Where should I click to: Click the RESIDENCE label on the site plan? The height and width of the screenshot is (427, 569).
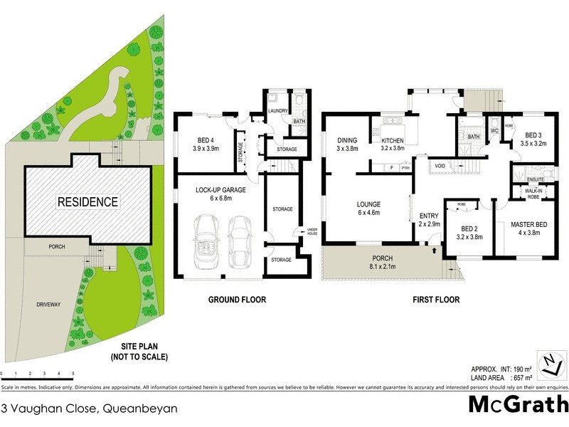click(x=88, y=202)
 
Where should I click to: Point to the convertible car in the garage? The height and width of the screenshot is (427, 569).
click(x=207, y=238)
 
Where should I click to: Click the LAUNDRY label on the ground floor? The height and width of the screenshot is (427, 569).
click(x=277, y=110)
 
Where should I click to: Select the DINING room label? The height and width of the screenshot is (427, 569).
click(x=347, y=139)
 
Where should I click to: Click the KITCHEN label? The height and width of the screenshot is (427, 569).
click(x=392, y=139)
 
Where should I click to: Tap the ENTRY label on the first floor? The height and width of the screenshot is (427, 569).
click(x=429, y=216)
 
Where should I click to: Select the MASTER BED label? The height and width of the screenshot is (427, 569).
click(x=529, y=226)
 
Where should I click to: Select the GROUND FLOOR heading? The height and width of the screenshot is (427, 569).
click(x=237, y=300)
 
